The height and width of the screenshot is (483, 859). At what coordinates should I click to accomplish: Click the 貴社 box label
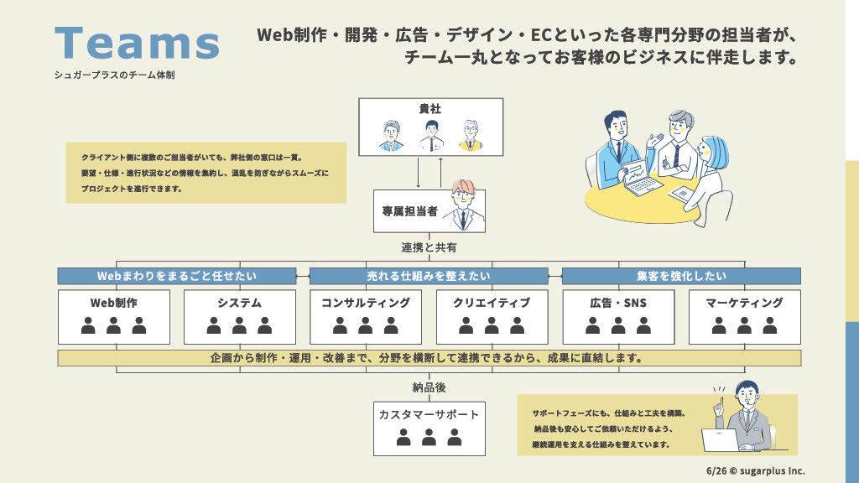pyautogui.click(x=430, y=108)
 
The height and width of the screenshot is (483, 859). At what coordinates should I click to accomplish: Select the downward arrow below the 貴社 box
pyautogui.click(x=419, y=173)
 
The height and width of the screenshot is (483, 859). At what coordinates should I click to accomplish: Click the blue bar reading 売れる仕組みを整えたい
pyautogui.click(x=429, y=276)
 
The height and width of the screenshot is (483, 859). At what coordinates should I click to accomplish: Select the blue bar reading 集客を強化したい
pyautogui.click(x=680, y=276)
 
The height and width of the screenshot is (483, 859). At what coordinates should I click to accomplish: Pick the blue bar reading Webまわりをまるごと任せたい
pyautogui.click(x=177, y=276)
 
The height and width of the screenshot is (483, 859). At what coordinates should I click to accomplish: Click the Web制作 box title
pyautogui.click(x=113, y=303)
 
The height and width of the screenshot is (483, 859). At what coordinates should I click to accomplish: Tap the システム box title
pyautogui.click(x=239, y=303)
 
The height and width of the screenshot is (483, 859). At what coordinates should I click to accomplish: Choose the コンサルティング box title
pyautogui.click(x=366, y=303)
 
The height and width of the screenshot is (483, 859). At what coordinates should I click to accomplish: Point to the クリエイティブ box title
pyautogui.click(x=492, y=303)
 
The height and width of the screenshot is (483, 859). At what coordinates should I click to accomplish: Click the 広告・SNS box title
pyautogui.click(x=618, y=303)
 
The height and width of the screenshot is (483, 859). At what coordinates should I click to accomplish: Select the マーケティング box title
pyautogui.click(x=744, y=303)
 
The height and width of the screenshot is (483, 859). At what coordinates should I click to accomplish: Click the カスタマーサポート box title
pyautogui.click(x=429, y=414)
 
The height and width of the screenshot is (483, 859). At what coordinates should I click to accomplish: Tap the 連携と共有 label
pyautogui.click(x=429, y=248)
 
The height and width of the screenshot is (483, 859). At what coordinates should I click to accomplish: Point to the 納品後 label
pyautogui.click(x=429, y=387)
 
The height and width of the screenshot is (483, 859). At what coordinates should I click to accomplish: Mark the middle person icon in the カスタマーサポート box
pyautogui.click(x=429, y=437)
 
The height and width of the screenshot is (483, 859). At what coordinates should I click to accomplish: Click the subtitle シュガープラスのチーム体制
pyautogui.click(x=114, y=75)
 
